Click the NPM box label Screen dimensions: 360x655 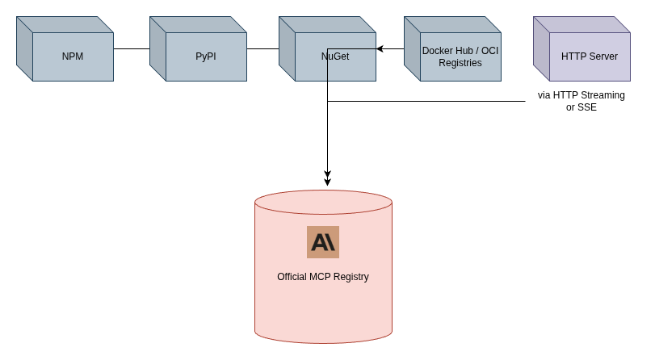tap(73, 57)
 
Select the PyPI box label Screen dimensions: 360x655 tap(206, 57)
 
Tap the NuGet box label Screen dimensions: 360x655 tap(335, 57)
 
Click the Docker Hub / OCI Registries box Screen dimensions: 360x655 tap(460, 57)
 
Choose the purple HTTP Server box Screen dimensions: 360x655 tap(590, 57)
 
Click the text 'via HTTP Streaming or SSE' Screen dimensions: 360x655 tap(582, 101)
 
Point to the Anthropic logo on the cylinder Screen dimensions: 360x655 tap(323, 242)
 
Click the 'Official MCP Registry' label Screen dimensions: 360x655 tap(323, 277)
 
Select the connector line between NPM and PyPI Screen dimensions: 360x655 tap(132, 48)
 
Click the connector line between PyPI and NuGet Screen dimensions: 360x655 tap(262, 48)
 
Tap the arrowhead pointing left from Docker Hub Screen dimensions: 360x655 tap(380, 48)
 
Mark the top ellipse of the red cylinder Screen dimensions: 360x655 tap(323, 202)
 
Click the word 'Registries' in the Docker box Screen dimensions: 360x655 tap(460, 63)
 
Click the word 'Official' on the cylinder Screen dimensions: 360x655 tap(293, 277)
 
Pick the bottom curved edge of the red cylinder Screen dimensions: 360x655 tap(323, 343)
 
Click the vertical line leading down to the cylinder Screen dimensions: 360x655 tap(327, 137)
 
